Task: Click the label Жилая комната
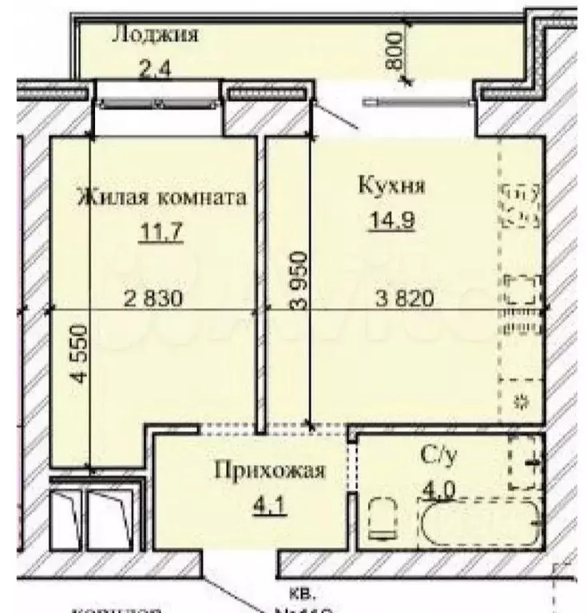(x=161, y=197)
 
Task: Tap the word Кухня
(x=391, y=187)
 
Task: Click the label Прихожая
(x=269, y=471)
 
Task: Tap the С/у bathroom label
(x=438, y=456)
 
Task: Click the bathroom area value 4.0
(x=436, y=488)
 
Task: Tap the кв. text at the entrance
(x=306, y=595)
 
